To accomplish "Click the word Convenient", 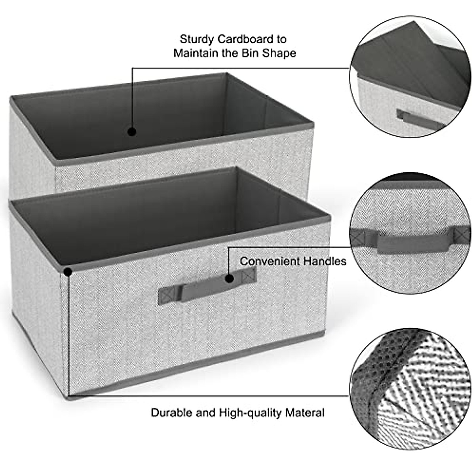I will [270, 261].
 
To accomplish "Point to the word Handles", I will [325, 261].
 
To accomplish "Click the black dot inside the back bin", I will [132, 132].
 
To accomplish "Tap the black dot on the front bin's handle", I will [229, 279].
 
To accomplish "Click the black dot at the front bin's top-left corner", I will [68, 272].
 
